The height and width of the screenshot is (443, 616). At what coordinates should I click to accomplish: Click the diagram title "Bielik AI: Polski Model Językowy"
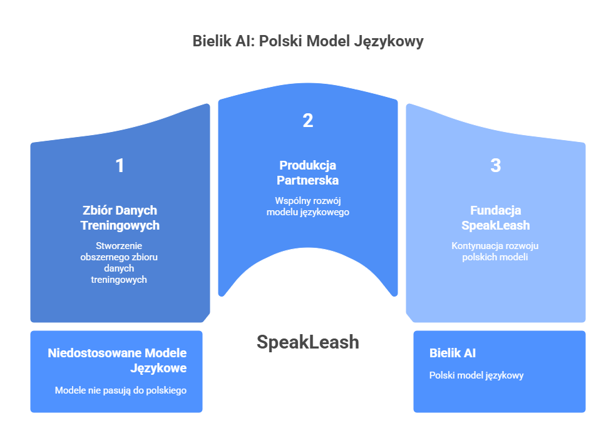(307, 42)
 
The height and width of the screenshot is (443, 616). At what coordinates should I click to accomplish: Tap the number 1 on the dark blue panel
(120, 166)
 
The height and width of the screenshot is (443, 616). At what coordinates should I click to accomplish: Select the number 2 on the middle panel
(307, 121)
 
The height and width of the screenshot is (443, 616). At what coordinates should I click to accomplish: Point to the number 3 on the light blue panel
(495, 166)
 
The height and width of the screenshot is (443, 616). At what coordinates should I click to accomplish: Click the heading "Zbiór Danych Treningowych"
(120, 218)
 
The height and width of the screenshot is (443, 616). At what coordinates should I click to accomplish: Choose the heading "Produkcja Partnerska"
(307, 173)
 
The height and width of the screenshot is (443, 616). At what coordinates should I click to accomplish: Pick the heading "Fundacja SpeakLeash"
(495, 218)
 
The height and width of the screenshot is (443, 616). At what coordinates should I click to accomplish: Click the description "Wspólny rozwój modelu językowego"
(307, 206)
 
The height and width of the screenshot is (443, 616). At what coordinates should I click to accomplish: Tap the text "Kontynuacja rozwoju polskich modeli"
(495, 252)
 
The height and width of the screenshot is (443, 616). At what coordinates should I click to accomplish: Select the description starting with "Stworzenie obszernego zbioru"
(120, 263)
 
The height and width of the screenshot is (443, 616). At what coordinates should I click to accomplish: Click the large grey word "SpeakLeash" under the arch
(307, 342)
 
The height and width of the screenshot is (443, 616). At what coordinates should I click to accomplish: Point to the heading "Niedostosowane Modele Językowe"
(117, 361)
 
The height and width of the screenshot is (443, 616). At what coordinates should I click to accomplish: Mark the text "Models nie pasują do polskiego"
(120, 390)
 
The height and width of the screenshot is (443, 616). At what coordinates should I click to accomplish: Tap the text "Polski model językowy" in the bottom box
(476, 375)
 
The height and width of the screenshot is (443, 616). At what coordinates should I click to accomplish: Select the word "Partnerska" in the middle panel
(307, 180)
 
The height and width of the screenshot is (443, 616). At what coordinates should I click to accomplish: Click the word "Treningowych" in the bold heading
(120, 225)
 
